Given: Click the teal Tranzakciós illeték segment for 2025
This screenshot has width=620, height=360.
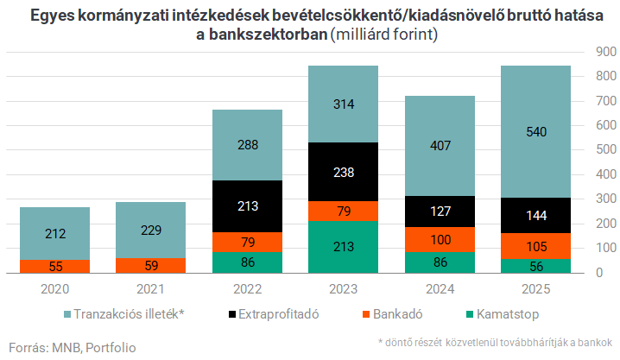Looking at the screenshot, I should [x=536, y=131].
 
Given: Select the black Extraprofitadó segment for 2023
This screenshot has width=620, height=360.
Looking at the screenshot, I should [x=344, y=172].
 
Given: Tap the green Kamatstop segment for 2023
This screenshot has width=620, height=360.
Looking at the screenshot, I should [x=344, y=247].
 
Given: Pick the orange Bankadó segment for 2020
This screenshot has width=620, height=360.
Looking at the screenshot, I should [x=55, y=267].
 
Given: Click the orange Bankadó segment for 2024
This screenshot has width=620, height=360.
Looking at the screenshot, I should [x=440, y=238].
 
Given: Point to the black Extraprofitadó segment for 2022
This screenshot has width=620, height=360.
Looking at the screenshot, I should [x=247, y=206].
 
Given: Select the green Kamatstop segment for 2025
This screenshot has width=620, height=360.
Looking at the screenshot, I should [x=536, y=266].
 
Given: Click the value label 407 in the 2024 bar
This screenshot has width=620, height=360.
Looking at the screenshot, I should [x=440, y=146].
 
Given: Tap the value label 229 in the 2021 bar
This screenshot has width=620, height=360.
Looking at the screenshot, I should [x=151, y=231].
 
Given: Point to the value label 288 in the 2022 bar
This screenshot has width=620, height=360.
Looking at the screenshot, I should [x=247, y=145].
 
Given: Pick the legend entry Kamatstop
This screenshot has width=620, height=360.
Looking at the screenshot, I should [x=499, y=313].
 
